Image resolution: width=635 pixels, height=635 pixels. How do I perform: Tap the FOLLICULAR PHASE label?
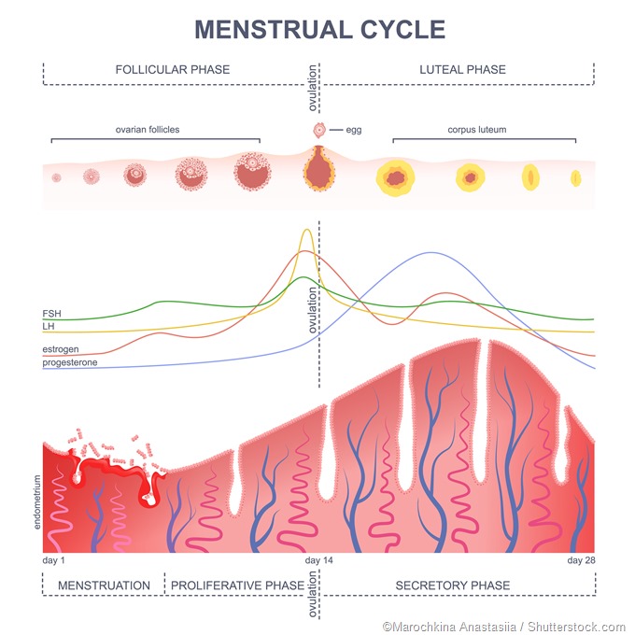[x=173, y=70]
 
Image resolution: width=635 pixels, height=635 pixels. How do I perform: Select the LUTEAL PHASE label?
[x=462, y=70]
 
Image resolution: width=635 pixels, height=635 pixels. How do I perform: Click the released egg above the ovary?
[x=318, y=130]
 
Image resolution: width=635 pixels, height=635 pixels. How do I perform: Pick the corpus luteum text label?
[x=477, y=130]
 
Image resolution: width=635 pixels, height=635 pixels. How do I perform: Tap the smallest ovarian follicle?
[x=56, y=176]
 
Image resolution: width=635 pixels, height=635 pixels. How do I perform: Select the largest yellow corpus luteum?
[x=396, y=176]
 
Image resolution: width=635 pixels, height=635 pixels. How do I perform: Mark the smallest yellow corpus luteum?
[x=575, y=176]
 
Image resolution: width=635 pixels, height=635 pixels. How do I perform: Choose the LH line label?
[x=49, y=327]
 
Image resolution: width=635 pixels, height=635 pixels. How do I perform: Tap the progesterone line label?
[x=70, y=362]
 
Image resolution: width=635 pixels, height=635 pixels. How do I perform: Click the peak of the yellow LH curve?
[x=305, y=230]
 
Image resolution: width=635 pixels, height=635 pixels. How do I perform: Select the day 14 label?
[x=318, y=560]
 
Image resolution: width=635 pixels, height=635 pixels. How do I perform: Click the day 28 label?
[x=581, y=560]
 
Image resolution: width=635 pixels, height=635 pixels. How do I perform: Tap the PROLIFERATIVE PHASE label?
[x=236, y=586]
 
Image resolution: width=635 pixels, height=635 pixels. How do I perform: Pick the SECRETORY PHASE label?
[x=453, y=586]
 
